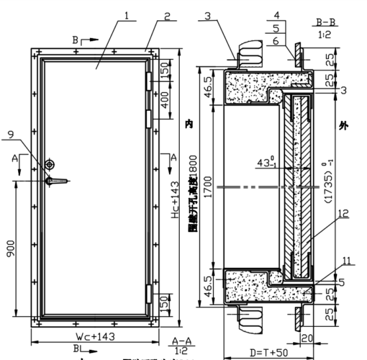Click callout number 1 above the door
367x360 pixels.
(126, 15)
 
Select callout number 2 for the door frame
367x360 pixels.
(166, 15)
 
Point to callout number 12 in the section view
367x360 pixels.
(343, 213)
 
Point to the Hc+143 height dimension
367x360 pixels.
(173, 201)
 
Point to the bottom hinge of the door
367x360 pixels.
(149, 293)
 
